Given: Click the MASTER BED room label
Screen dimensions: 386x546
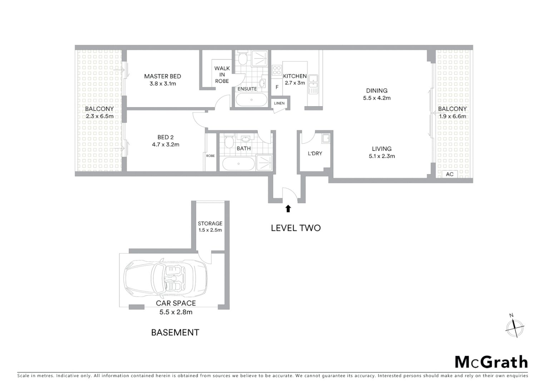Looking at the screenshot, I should pyautogui.click(x=163, y=76).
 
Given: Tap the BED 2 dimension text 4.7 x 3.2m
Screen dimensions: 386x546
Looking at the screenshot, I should pyautogui.click(x=165, y=145).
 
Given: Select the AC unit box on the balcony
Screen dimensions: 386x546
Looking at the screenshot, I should pyautogui.click(x=450, y=174).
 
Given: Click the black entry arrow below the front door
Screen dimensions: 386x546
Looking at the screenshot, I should pyautogui.click(x=288, y=209).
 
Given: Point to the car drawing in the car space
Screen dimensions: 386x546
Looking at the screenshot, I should pyautogui.click(x=165, y=278).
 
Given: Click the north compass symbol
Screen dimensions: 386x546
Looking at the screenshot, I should pyautogui.click(x=515, y=327).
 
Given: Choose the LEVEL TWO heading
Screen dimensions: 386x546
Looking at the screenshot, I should pyautogui.click(x=296, y=228).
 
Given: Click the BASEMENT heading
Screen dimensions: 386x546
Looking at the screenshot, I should pyautogui.click(x=175, y=332).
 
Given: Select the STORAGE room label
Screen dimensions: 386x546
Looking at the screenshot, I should pyautogui.click(x=210, y=223).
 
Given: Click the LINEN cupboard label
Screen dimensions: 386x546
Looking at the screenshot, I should pyautogui.click(x=279, y=103).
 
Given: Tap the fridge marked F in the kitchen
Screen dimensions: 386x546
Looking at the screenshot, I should pyautogui.click(x=277, y=87).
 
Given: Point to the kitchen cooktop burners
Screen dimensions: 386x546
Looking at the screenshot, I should pyautogui.click(x=277, y=70).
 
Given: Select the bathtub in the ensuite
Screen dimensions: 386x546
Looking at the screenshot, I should pyautogui.click(x=251, y=100).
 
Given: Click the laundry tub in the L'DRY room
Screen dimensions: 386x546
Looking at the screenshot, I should pyautogui.click(x=326, y=138).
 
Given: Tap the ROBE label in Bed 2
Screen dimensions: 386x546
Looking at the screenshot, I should pyautogui.click(x=210, y=156).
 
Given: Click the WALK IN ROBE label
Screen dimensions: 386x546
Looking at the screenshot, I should pyautogui.click(x=222, y=75).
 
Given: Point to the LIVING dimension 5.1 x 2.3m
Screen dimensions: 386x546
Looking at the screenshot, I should pyautogui.click(x=382, y=156).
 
